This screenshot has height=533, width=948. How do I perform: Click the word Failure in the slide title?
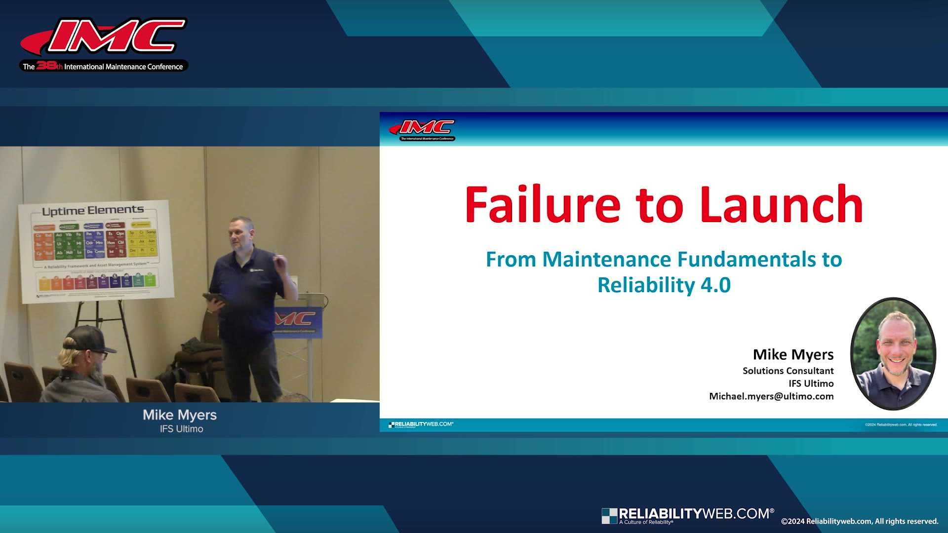pos(542,204)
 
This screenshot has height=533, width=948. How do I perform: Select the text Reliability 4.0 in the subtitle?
pos(664,285)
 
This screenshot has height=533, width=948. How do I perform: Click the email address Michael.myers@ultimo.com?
pos(771,396)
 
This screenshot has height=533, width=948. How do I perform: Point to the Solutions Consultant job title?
pos(788,371)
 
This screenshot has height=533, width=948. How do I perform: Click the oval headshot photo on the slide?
pos(893,353)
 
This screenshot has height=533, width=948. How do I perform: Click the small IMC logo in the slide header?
pos(422,130)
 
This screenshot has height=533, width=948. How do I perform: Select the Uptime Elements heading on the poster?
pos(93,211)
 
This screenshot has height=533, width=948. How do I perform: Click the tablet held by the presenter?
pos(213,299)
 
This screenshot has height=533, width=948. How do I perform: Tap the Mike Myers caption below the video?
pos(180,415)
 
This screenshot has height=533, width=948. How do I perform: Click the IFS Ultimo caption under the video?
pos(181,429)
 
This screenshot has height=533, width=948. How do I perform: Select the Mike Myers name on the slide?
pos(793,354)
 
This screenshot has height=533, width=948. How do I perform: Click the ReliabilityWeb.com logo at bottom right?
pos(687,515)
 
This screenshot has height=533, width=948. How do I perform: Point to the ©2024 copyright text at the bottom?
pos(859,521)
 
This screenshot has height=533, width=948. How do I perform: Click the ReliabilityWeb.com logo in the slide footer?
pos(421,424)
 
